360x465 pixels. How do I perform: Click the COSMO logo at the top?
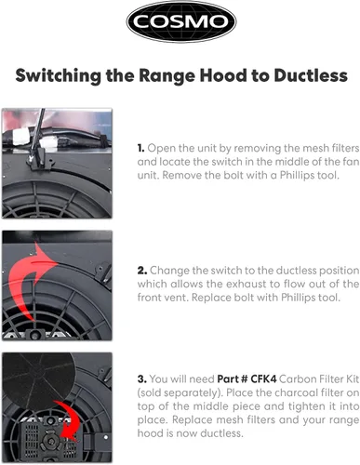tap(181, 21)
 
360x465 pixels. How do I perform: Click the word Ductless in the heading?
tap(311, 75)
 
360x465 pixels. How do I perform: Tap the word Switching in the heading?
tap(59, 76)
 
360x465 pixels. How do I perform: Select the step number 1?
tap(140, 148)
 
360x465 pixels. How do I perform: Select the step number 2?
tap(142, 271)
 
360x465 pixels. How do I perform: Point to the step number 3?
tap(142, 379)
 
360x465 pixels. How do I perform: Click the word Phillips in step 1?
tap(297, 176)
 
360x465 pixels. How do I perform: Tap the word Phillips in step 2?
tap(299, 298)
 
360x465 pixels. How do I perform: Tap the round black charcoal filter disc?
tap(39, 379)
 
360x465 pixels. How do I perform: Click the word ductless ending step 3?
tap(221, 433)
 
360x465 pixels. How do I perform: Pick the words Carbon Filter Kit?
tap(319, 379)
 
